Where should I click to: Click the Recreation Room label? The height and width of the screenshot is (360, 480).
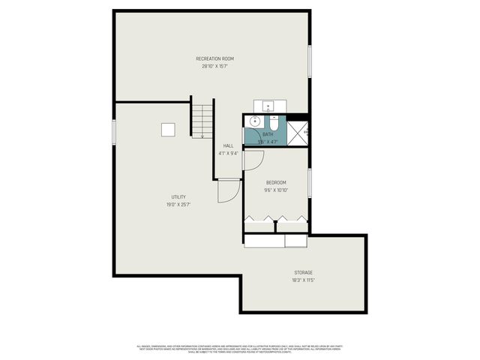point(214,58)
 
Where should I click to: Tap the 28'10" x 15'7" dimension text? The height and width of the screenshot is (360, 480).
point(214,66)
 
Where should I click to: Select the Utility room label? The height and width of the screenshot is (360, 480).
point(178,197)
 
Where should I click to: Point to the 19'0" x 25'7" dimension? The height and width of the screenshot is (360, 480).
point(178,205)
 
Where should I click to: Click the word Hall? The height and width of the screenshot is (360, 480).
point(228,145)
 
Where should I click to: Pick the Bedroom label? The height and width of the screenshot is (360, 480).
point(276,182)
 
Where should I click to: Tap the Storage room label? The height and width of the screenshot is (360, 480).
point(303,272)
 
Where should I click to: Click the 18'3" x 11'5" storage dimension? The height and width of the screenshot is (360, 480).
point(303,280)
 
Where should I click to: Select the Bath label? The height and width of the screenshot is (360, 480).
point(268,134)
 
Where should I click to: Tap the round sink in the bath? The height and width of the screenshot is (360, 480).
point(255,121)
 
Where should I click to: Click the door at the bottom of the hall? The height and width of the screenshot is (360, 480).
point(227,192)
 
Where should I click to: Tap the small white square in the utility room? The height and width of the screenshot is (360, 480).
point(169,130)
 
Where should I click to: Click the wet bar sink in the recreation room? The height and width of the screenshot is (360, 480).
point(268,106)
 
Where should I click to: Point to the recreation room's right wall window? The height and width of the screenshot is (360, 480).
point(310,61)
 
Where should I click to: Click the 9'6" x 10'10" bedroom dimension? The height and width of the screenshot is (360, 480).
point(276,190)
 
